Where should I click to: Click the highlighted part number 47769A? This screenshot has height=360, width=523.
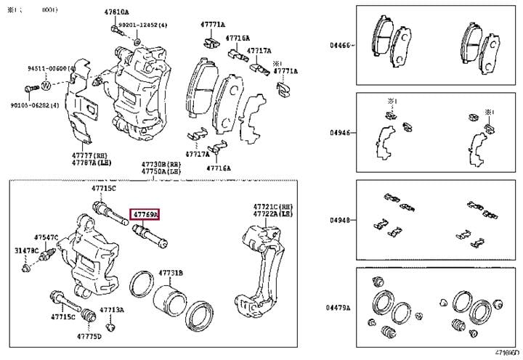[x=144, y=214]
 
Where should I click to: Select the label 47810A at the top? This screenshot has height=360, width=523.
[x=115, y=12]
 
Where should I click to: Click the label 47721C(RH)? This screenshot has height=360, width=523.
[x=272, y=207]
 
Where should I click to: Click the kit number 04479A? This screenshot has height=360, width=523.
[x=338, y=308]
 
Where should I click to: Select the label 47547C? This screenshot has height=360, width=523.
[x=46, y=237]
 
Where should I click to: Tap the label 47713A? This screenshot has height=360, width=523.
[x=112, y=310]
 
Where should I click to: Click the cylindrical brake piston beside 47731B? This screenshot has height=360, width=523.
[x=169, y=297]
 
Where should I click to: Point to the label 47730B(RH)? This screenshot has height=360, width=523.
[x=161, y=165]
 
